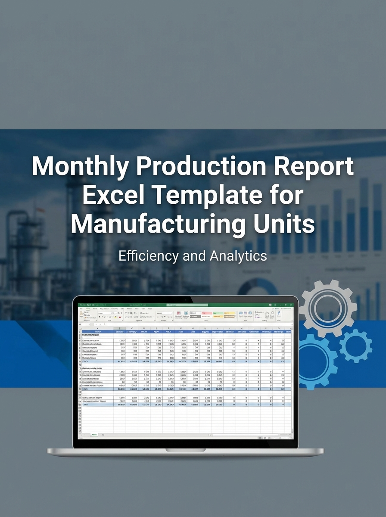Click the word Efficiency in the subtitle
click(148, 256)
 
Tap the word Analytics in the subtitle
click(238, 256)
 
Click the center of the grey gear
click(328, 308)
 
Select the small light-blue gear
click(355, 345)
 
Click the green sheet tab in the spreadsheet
click(94, 435)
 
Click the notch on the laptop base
click(185, 450)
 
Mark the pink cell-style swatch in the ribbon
click(206, 313)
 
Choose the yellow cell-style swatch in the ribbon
click(230, 313)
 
